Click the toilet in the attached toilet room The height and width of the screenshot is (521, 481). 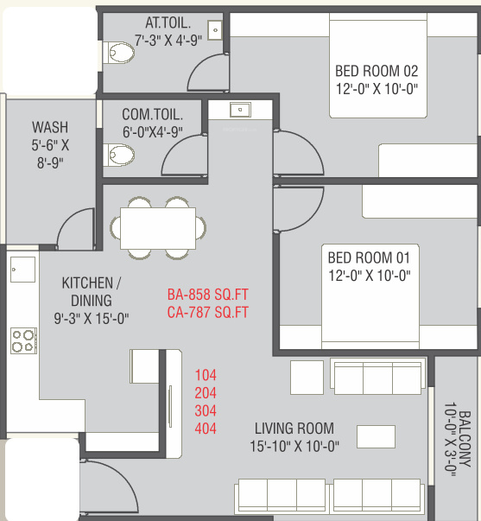pyautogui.click(x=118, y=53)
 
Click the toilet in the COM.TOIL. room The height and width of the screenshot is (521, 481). pyautogui.click(x=118, y=156)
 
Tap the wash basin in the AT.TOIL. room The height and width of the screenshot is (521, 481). pyautogui.click(x=215, y=30)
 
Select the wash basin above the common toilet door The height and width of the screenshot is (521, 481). pyautogui.click(x=240, y=110)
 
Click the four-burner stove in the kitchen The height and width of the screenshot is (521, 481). pyautogui.click(x=23, y=340)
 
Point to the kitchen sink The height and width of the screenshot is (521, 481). pyautogui.click(x=22, y=269)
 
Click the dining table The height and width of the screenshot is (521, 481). pyautogui.click(x=158, y=228)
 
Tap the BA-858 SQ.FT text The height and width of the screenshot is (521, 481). pyautogui.click(x=207, y=295)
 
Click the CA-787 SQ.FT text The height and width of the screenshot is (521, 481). pyautogui.click(x=207, y=313)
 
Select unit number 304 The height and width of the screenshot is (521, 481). pyautogui.click(x=206, y=411)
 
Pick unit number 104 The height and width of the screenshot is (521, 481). pyautogui.click(x=206, y=376)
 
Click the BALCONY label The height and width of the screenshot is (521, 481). pyautogui.click(x=465, y=439)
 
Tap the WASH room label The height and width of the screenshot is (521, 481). pyautogui.click(x=50, y=127)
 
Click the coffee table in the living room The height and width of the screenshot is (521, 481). pyautogui.click(x=376, y=436)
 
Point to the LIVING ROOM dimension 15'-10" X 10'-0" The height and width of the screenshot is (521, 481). pyautogui.click(x=294, y=446)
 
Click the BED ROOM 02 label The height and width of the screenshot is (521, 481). pyautogui.click(x=377, y=71)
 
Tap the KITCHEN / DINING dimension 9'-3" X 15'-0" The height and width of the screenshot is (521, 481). pyautogui.click(x=92, y=319)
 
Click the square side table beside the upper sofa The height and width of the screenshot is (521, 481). pyautogui.click(x=307, y=378)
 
